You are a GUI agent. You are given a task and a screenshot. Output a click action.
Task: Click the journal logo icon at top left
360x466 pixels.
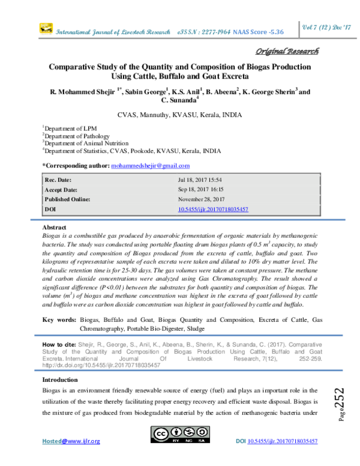[x=45, y=28]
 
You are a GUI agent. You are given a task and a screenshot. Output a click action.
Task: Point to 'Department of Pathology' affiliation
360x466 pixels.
[x=73, y=136]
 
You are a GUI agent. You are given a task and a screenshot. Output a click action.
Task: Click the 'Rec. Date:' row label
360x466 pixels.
[x=58, y=180]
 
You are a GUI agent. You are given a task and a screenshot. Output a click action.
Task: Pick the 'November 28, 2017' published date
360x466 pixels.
[x=202, y=199]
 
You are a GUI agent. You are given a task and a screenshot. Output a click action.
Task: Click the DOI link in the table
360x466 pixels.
[x=214, y=209]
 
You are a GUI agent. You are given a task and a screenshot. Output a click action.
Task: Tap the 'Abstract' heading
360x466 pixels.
[x=54, y=229]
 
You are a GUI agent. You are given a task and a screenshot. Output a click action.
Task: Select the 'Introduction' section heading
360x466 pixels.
[x=60, y=380]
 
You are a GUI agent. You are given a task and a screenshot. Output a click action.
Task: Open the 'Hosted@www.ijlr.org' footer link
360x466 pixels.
[x=71, y=441]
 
